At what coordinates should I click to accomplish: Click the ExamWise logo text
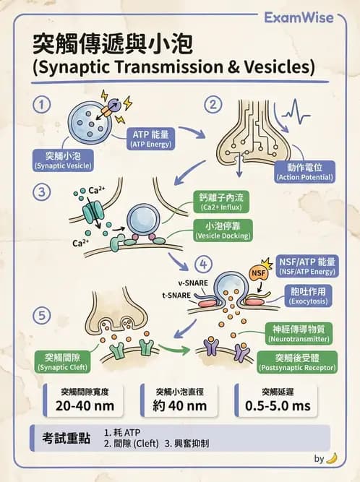[x=299, y=17]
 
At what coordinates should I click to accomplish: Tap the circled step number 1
[x=41, y=105]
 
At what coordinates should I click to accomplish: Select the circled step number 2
[x=213, y=105]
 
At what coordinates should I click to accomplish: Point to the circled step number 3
[x=41, y=192]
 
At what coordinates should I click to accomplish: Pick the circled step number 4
[x=204, y=264]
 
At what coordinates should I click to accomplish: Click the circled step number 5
[x=41, y=316]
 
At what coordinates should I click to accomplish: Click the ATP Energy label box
[x=150, y=139]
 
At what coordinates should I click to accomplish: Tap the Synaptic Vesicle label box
[x=63, y=160]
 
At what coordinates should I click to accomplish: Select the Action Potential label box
[x=304, y=172]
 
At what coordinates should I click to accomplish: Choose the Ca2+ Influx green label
[x=221, y=202]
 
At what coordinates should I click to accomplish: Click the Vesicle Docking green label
[x=223, y=231]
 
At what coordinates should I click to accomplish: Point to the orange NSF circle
[x=258, y=273]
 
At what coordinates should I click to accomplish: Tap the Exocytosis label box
[x=308, y=296]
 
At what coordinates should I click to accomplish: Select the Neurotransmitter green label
[x=299, y=334]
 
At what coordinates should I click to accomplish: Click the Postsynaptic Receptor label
[x=297, y=363]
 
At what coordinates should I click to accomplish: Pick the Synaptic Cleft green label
[x=62, y=362]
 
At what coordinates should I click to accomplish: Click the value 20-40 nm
[x=85, y=406]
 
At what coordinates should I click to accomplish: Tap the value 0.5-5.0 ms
[x=278, y=406]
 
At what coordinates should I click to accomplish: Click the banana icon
[x=332, y=458]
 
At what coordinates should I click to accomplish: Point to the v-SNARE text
[x=193, y=283]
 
